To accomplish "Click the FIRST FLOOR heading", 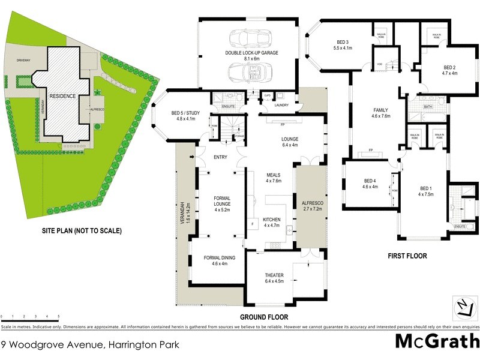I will (407, 256).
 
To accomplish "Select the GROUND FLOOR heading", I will (265, 317).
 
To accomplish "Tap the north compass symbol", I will (463, 307).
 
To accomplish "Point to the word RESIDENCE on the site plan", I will (62, 96).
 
